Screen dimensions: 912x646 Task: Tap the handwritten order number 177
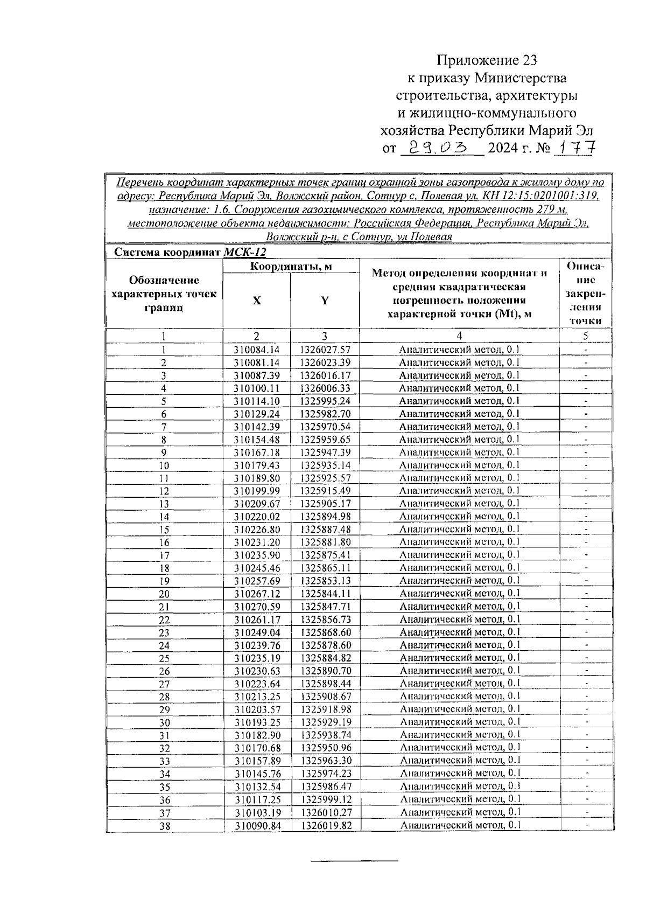(575, 148)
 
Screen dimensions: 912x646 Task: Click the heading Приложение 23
(487, 60)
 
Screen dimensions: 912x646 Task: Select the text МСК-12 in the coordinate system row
(244, 252)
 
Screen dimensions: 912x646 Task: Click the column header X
(257, 301)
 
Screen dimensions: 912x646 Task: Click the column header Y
(325, 301)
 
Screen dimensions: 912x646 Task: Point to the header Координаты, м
(291, 266)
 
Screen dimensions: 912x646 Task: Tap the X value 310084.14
(257, 350)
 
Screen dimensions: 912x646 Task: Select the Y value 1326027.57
(325, 350)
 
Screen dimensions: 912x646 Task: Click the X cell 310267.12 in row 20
(257, 594)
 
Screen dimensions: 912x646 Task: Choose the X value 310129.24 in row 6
(257, 414)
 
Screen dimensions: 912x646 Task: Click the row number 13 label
(164, 504)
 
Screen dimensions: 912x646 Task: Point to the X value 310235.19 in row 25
(257, 658)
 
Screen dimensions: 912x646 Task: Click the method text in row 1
(459, 350)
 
